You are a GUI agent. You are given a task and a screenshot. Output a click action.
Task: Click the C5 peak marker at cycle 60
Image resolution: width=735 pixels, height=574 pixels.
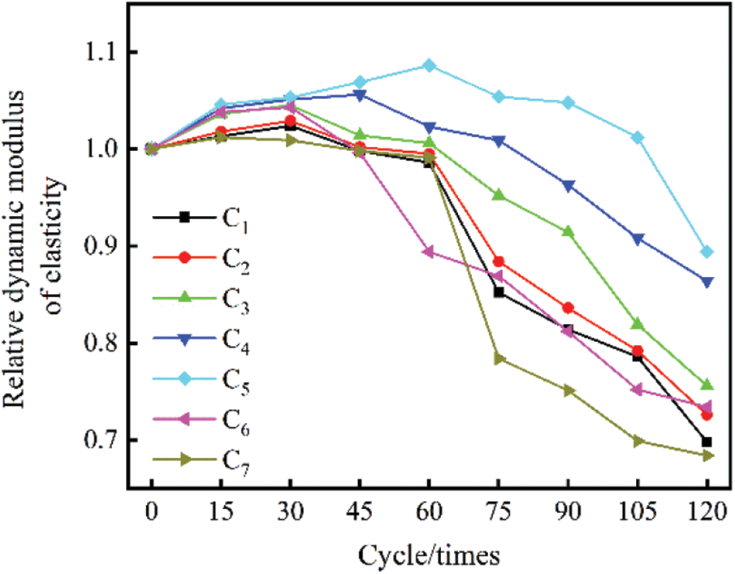click(x=430, y=66)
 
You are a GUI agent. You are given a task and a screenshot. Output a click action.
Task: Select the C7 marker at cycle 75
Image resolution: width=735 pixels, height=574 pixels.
click(x=499, y=358)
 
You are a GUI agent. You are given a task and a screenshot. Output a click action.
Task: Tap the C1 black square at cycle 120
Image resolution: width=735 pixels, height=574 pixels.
click(x=707, y=442)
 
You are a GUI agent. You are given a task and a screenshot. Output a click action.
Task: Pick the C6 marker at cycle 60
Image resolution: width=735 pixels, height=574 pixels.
click(x=430, y=252)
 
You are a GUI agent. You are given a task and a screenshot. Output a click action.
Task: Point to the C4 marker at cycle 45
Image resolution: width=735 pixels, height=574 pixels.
click(x=360, y=95)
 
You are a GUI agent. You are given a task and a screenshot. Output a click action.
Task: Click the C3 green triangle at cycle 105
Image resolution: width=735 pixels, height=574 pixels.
click(x=638, y=324)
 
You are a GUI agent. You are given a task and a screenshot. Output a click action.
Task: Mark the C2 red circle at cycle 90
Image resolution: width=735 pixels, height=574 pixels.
click(x=569, y=308)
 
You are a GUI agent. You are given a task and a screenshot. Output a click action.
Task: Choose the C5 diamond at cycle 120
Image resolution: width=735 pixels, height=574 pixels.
click(x=707, y=252)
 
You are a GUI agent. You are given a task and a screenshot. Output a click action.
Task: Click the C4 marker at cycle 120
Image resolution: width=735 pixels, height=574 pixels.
click(x=707, y=282)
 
